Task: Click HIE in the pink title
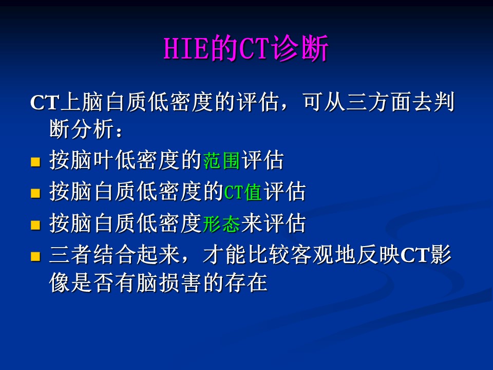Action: tap(186, 48)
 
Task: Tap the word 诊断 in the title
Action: tap(300, 48)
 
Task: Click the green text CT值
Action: tap(243, 192)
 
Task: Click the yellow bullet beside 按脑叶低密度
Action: tap(35, 162)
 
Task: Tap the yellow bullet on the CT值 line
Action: tap(35, 193)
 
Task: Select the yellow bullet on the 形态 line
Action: tap(35, 225)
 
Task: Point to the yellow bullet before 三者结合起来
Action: tap(35, 256)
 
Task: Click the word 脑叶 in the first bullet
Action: tap(82, 160)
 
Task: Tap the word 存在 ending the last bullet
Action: tap(246, 282)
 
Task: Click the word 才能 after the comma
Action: tap(224, 254)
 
